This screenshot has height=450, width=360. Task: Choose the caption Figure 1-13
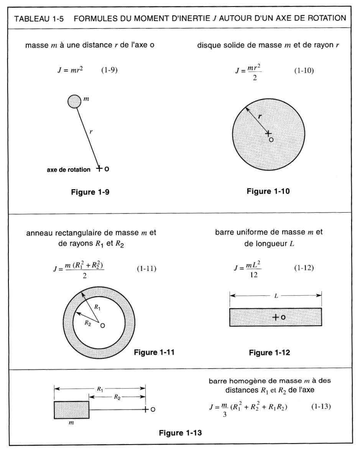click(x=180, y=433)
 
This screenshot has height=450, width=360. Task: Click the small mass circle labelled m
click(x=74, y=102)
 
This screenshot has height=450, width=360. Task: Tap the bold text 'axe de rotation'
click(x=69, y=169)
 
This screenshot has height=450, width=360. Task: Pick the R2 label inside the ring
click(x=88, y=323)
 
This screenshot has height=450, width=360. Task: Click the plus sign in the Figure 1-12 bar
click(x=275, y=317)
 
